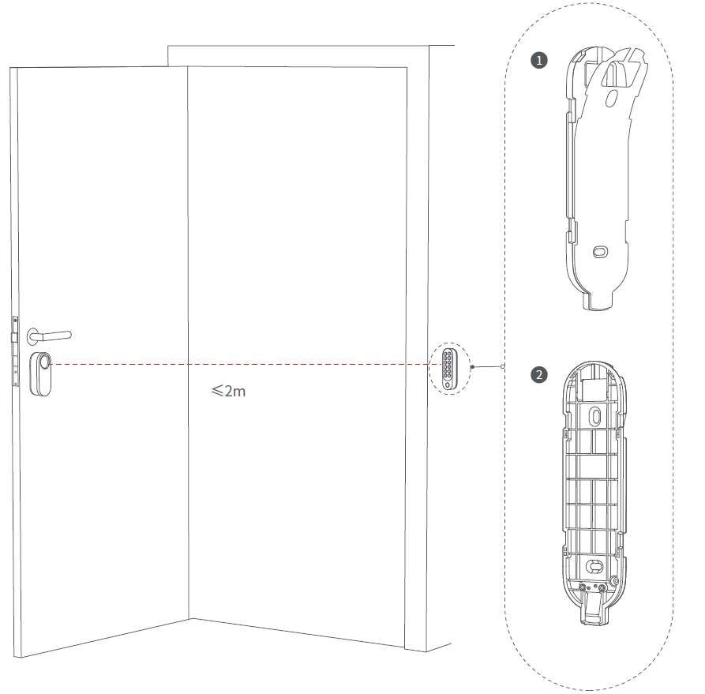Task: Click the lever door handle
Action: point(50,336)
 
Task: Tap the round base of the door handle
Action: point(34,336)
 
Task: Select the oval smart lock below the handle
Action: point(40,374)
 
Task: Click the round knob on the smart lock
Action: point(44,362)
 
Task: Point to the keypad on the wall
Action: point(448,369)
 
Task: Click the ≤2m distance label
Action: point(228,391)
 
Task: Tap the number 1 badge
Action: point(539,60)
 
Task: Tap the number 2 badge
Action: point(539,375)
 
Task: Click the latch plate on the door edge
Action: point(15,351)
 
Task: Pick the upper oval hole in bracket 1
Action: point(612,99)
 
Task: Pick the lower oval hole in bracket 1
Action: point(600,252)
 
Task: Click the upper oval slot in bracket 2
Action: point(595,416)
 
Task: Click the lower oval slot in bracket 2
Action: point(594,566)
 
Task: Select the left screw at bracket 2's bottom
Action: point(583,587)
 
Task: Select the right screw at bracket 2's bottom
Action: point(602,587)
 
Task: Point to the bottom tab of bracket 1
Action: point(598,301)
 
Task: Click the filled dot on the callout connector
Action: point(472,367)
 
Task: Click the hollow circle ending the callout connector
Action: point(503,366)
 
